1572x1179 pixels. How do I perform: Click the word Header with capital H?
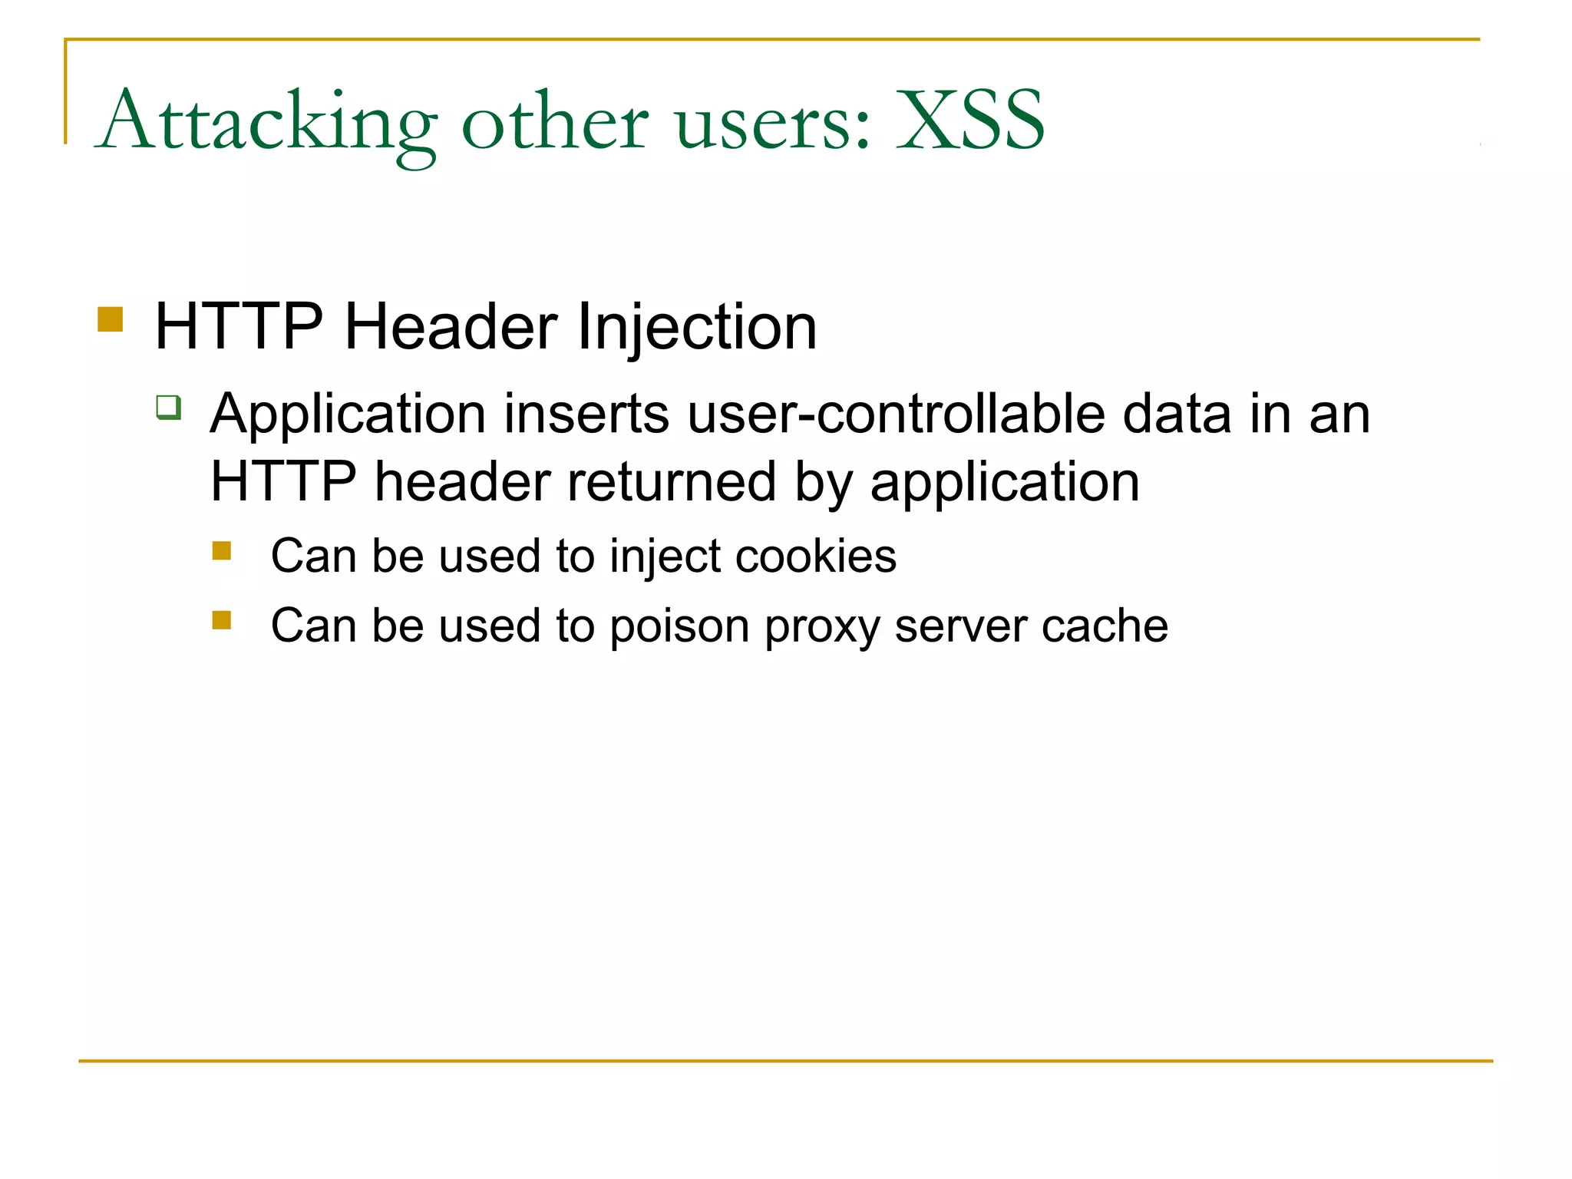click(451, 327)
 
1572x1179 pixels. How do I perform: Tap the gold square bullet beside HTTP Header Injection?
click(111, 319)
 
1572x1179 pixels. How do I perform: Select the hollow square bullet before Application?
click(169, 407)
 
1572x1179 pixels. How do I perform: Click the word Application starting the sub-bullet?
click(348, 415)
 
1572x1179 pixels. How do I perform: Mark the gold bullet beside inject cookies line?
click(222, 551)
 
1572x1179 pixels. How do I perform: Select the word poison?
click(679, 626)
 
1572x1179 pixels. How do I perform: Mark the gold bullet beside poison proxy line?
click(222, 620)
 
